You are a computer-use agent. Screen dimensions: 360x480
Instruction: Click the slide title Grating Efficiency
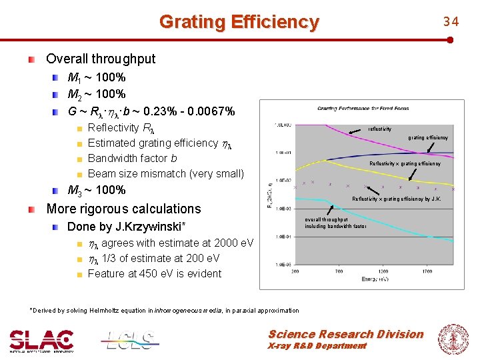[x=239, y=22]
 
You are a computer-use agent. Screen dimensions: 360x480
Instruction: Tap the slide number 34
[x=451, y=22]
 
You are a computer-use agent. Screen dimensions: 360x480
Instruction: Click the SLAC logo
[x=41, y=340]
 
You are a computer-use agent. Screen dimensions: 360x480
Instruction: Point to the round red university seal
[x=453, y=339]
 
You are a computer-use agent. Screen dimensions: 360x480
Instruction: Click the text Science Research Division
[x=345, y=334]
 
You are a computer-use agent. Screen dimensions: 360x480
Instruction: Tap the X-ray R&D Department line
[x=317, y=346]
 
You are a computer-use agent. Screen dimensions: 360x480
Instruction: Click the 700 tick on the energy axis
[x=339, y=271]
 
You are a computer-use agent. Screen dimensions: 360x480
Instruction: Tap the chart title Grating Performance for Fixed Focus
[x=363, y=108]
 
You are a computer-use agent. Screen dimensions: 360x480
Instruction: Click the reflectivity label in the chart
[x=380, y=129]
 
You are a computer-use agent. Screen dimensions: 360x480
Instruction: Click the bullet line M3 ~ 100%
[x=97, y=190]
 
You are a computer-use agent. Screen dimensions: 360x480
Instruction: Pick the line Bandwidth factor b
[x=132, y=159]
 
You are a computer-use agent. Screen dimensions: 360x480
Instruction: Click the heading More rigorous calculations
[x=123, y=209]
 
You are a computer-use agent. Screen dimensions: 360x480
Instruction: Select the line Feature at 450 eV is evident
[x=155, y=273]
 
